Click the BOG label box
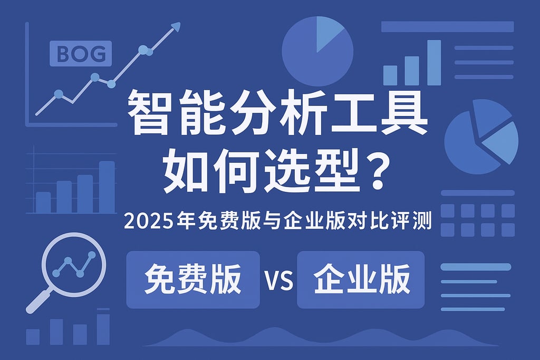click(80, 53)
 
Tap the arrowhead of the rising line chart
click(176, 26)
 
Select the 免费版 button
click(193, 279)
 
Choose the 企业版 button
click(361, 279)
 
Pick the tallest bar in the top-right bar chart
click(433, 62)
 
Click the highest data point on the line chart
click(142, 50)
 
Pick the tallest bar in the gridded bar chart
click(107, 187)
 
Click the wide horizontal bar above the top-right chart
click(447, 26)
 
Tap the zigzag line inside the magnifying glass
click(74, 264)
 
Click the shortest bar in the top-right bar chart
click(390, 75)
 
